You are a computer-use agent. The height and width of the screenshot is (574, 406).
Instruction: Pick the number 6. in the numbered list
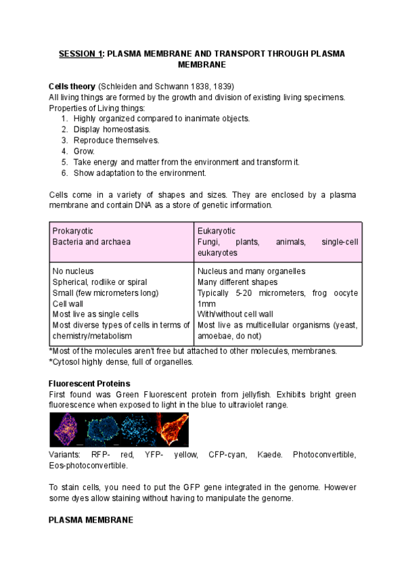(64, 173)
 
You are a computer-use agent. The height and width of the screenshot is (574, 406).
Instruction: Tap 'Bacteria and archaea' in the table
(91, 242)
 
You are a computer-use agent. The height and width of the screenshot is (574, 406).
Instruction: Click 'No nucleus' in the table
(74, 271)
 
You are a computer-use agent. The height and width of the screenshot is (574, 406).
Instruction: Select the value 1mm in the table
(206, 303)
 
